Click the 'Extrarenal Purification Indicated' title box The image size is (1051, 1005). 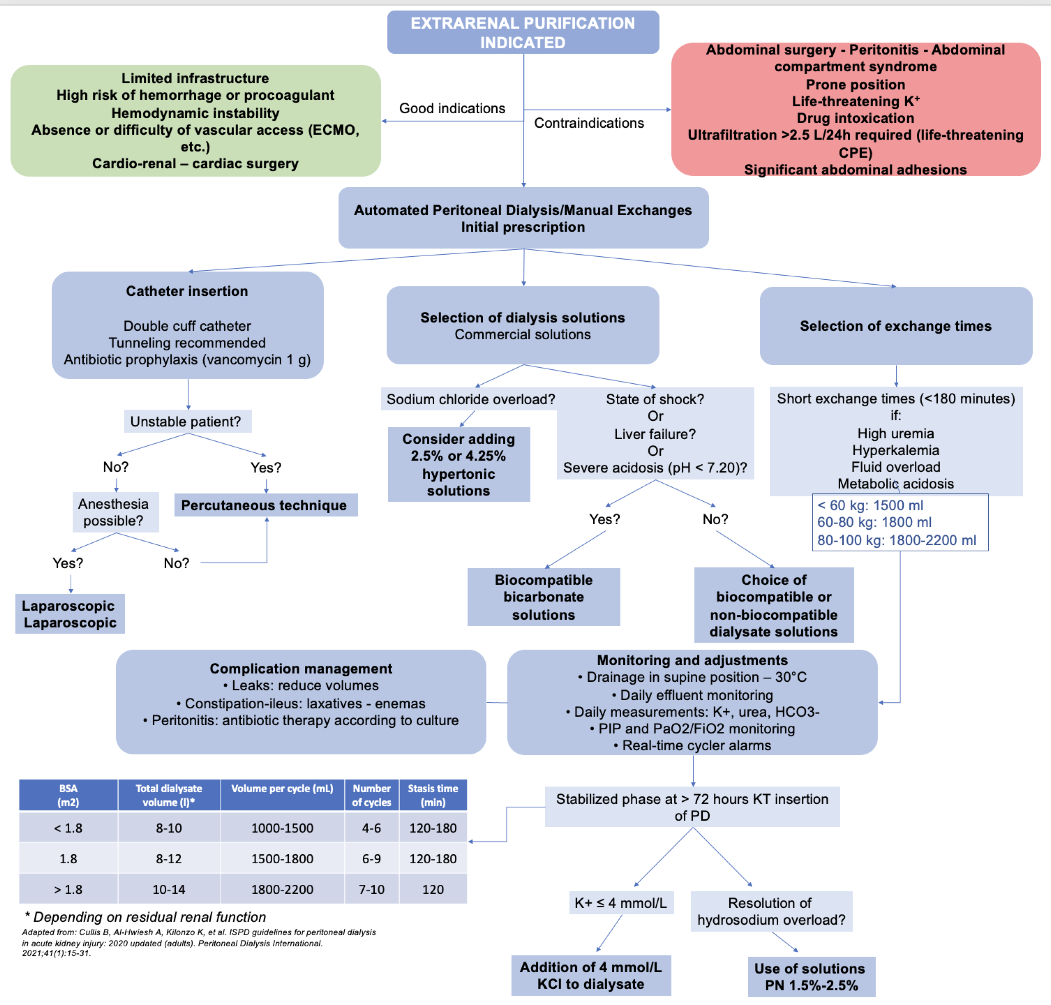tap(523, 32)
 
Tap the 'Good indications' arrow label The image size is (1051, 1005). tap(452, 108)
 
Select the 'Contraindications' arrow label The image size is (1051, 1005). tap(589, 123)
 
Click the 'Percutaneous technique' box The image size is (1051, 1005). tap(266, 505)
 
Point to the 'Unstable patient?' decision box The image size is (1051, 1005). tap(188, 422)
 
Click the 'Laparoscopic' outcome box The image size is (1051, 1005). tap(70, 614)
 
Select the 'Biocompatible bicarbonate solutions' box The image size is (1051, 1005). tap(544, 597)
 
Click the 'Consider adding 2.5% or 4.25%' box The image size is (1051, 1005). tap(459, 464)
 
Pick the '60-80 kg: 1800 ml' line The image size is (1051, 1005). tap(874, 522)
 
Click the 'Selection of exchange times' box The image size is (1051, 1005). tap(896, 326)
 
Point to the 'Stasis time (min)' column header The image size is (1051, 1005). tap(433, 795)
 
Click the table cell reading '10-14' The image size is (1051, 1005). tap(169, 890)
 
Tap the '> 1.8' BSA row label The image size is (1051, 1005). tap(68, 890)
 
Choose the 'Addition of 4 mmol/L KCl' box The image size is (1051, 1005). tap(591, 976)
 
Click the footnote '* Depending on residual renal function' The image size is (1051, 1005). tap(145, 917)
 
